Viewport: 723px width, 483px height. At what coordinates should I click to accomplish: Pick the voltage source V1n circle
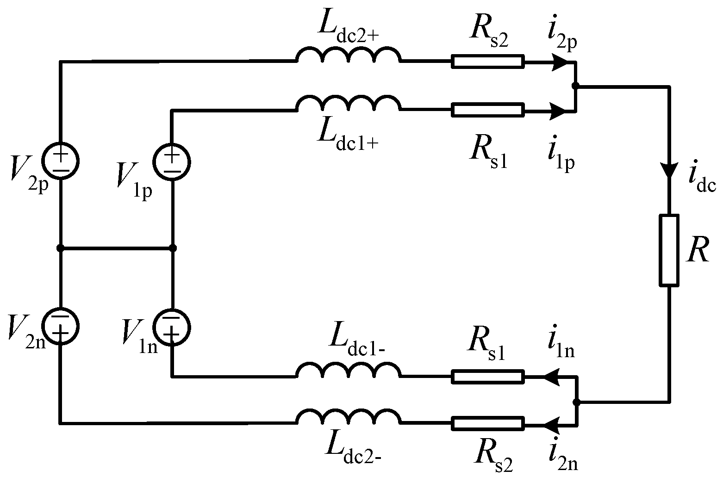coord(172,325)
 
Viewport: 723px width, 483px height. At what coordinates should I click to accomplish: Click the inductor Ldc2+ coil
coord(349,56)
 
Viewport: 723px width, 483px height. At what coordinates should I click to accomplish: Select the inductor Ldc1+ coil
coord(349,104)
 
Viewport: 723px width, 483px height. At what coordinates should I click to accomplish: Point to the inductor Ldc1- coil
coord(349,371)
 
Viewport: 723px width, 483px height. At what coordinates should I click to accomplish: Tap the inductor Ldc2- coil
coord(349,417)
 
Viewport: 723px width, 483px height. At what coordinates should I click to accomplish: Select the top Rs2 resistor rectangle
coord(488,62)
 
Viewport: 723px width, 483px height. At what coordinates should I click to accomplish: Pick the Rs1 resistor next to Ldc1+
coord(488,110)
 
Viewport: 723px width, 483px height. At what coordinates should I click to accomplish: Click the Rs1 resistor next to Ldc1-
coord(488,377)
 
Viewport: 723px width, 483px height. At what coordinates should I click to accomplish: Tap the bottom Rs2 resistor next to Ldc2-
coord(488,423)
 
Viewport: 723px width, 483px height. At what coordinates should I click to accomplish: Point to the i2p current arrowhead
coord(559,62)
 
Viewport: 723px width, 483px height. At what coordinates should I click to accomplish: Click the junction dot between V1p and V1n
coord(173,248)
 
